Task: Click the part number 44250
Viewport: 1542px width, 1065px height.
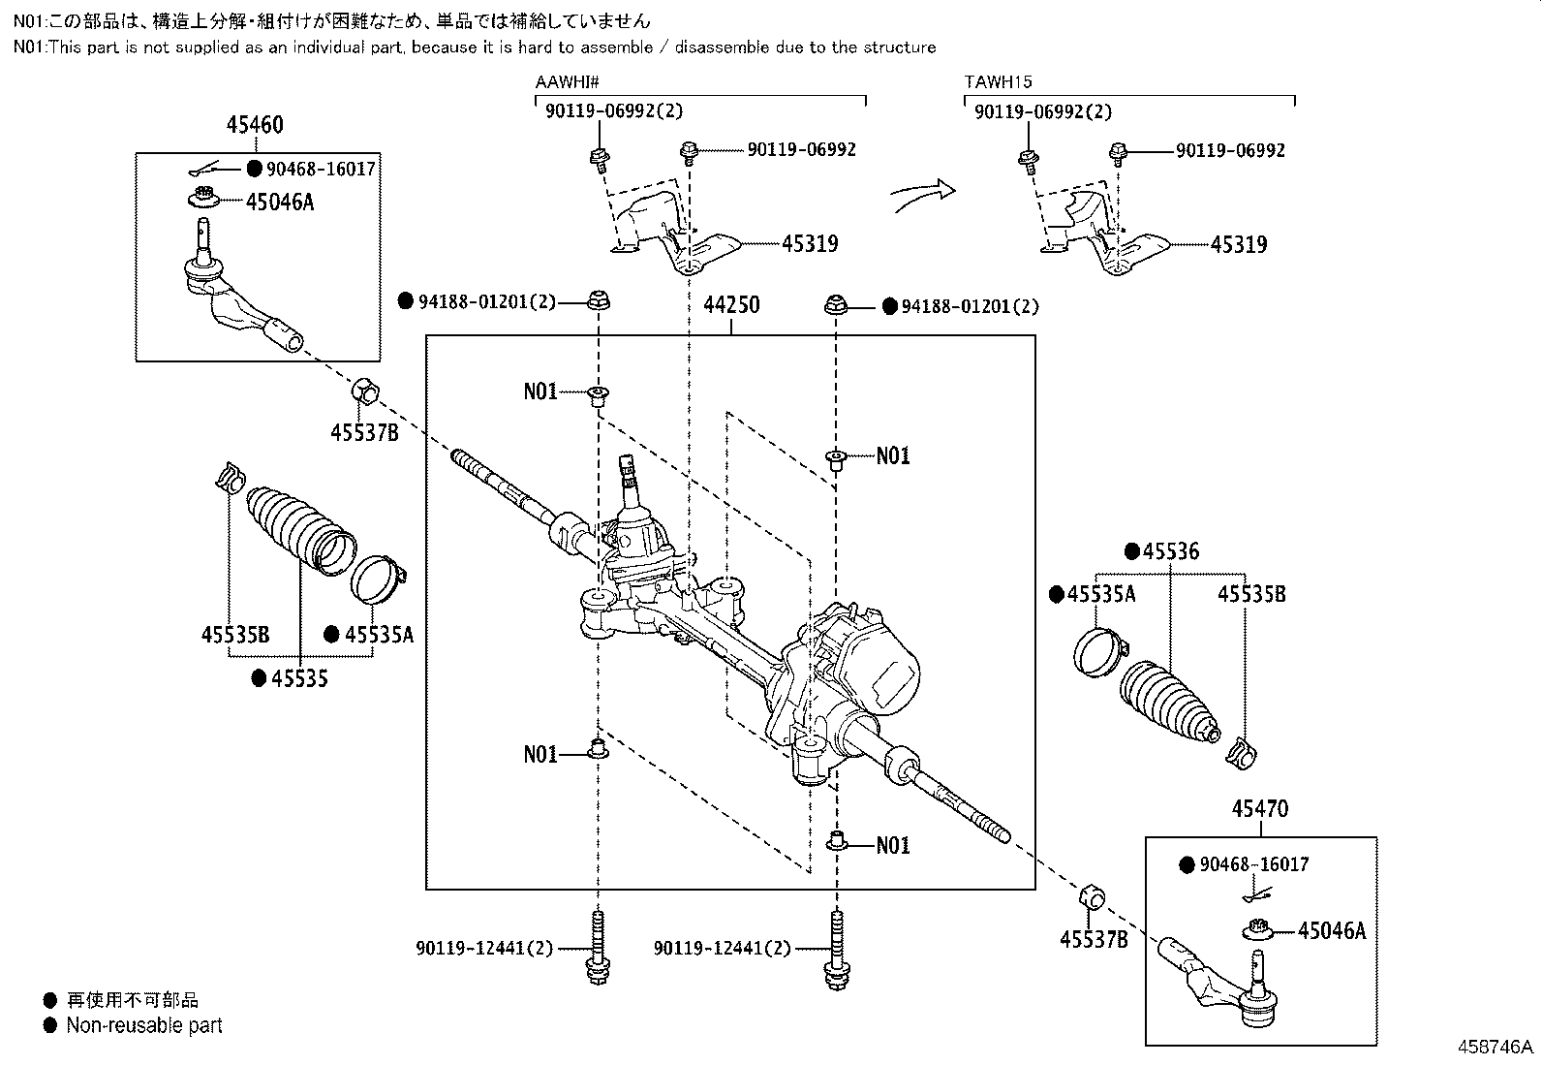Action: (x=731, y=304)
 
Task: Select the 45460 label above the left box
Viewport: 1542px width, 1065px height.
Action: (x=255, y=125)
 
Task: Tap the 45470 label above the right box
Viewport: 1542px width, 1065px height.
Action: (x=1260, y=808)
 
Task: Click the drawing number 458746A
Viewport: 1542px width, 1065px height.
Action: (x=1496, y=1048)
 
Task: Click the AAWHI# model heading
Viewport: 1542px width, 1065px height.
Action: (x=568, y=82)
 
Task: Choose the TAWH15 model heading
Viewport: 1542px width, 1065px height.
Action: (x=999, y=82)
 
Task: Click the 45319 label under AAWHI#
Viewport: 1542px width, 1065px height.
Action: (x=811, y=244)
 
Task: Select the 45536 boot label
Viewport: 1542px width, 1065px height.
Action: (x=1171, y=551)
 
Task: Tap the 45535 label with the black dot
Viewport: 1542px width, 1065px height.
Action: (x=299, y=678)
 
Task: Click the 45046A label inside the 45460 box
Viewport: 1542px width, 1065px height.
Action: (x=280, y=202)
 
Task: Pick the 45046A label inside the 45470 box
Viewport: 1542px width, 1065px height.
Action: (x=1332, y=930)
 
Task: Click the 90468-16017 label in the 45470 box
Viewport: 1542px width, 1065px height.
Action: (x=1254, y=864)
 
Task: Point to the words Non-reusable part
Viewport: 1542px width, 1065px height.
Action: (x=144, y=1025)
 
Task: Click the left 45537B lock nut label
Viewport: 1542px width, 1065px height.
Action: (x=364, y=432)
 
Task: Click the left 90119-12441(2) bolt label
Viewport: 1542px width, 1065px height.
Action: (x=484, y=949)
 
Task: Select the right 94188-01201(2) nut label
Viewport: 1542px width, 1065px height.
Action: (x=970, y=306)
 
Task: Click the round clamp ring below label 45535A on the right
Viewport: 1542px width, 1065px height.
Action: (x=1099, y=652)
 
